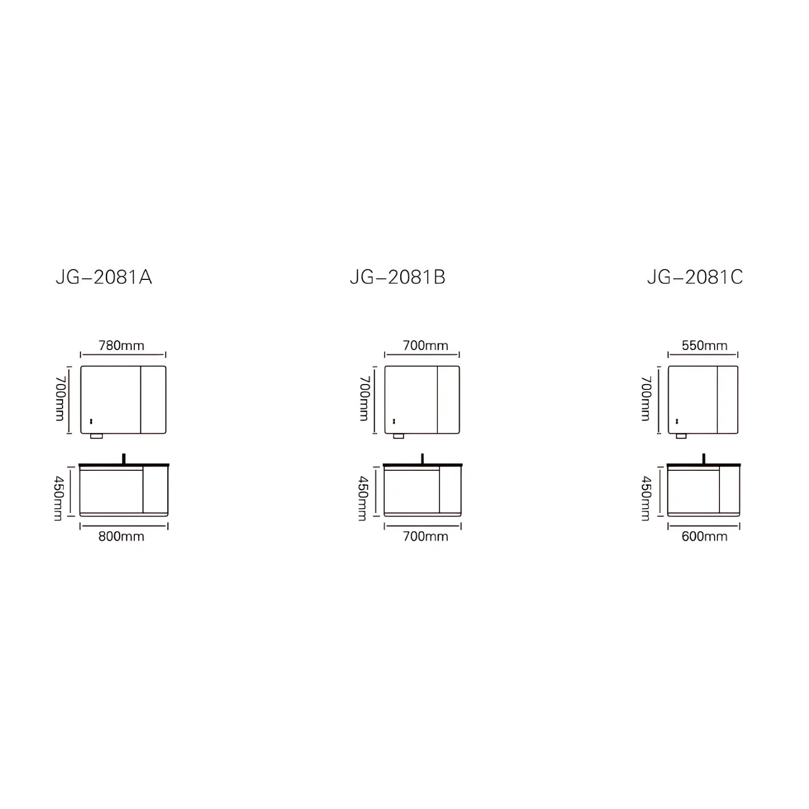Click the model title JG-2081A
click(x=104, y=277)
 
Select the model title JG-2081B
click(x=397, y=277)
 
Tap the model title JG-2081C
click(x=695, y=277)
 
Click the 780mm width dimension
click(x=121, y=345)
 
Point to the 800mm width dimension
click(x=121, y=536)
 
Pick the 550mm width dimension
click(x=704, y=345)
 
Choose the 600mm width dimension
click(x=704, y=536)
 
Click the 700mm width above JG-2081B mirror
click(x=426, y=345)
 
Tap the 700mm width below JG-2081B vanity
click(x=426, y=536)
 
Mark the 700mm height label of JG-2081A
click(x=60, y=399)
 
